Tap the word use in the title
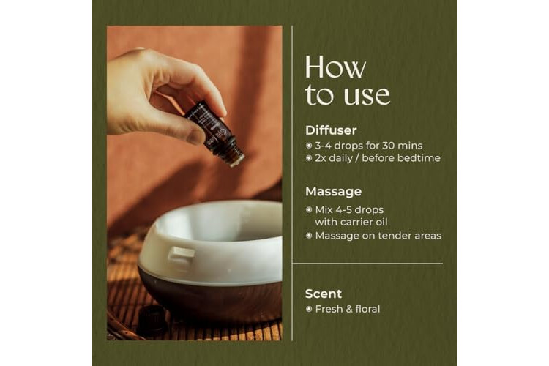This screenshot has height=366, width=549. click(367, 94)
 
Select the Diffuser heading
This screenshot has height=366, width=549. click(331, 130)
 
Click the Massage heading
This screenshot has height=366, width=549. click(333, 192)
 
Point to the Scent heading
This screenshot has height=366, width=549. click(323, 294)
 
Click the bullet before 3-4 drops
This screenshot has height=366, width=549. click(309, 146)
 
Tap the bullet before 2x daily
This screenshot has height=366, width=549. click(309, 158)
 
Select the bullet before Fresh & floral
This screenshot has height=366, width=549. click(309, 309)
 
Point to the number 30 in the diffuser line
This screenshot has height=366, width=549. click(389, 146)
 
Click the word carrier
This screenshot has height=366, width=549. click(355, 222)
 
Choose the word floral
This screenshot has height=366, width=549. click(367, 309)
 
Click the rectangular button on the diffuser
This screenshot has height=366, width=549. click(180, 255)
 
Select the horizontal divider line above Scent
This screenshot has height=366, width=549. click(367, 263)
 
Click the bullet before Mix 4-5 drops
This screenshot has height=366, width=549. click(309, 210)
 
